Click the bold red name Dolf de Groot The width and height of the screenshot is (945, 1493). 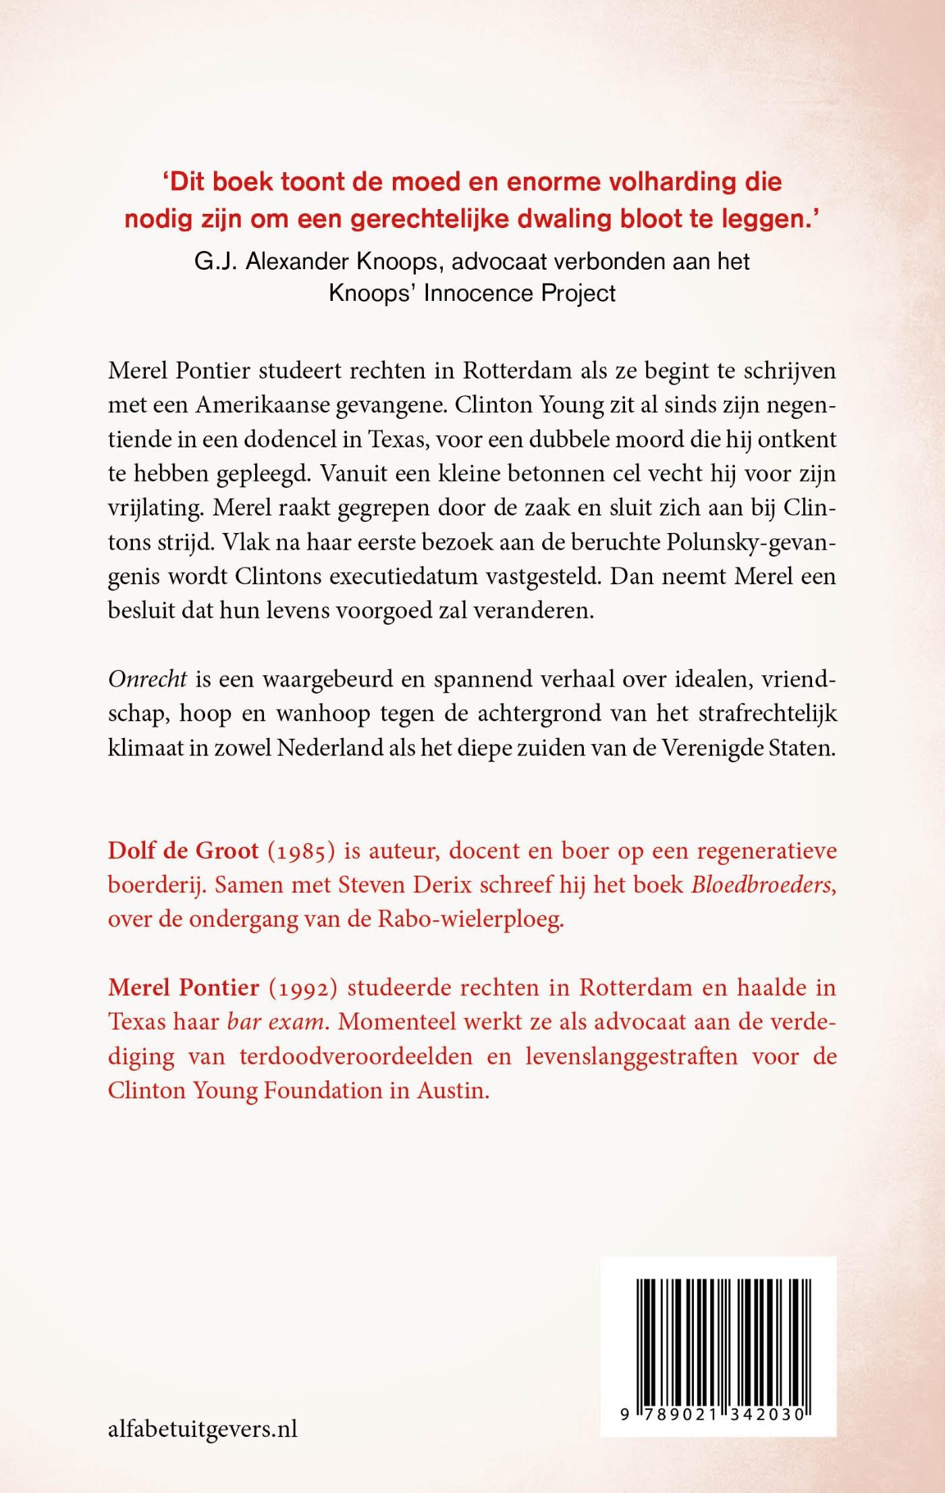tap(183, 850)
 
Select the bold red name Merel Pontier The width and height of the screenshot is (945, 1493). tap(184, 988)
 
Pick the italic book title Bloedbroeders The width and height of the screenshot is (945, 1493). tap(763, 885)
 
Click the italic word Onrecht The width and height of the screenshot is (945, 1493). tap(147, 679)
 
